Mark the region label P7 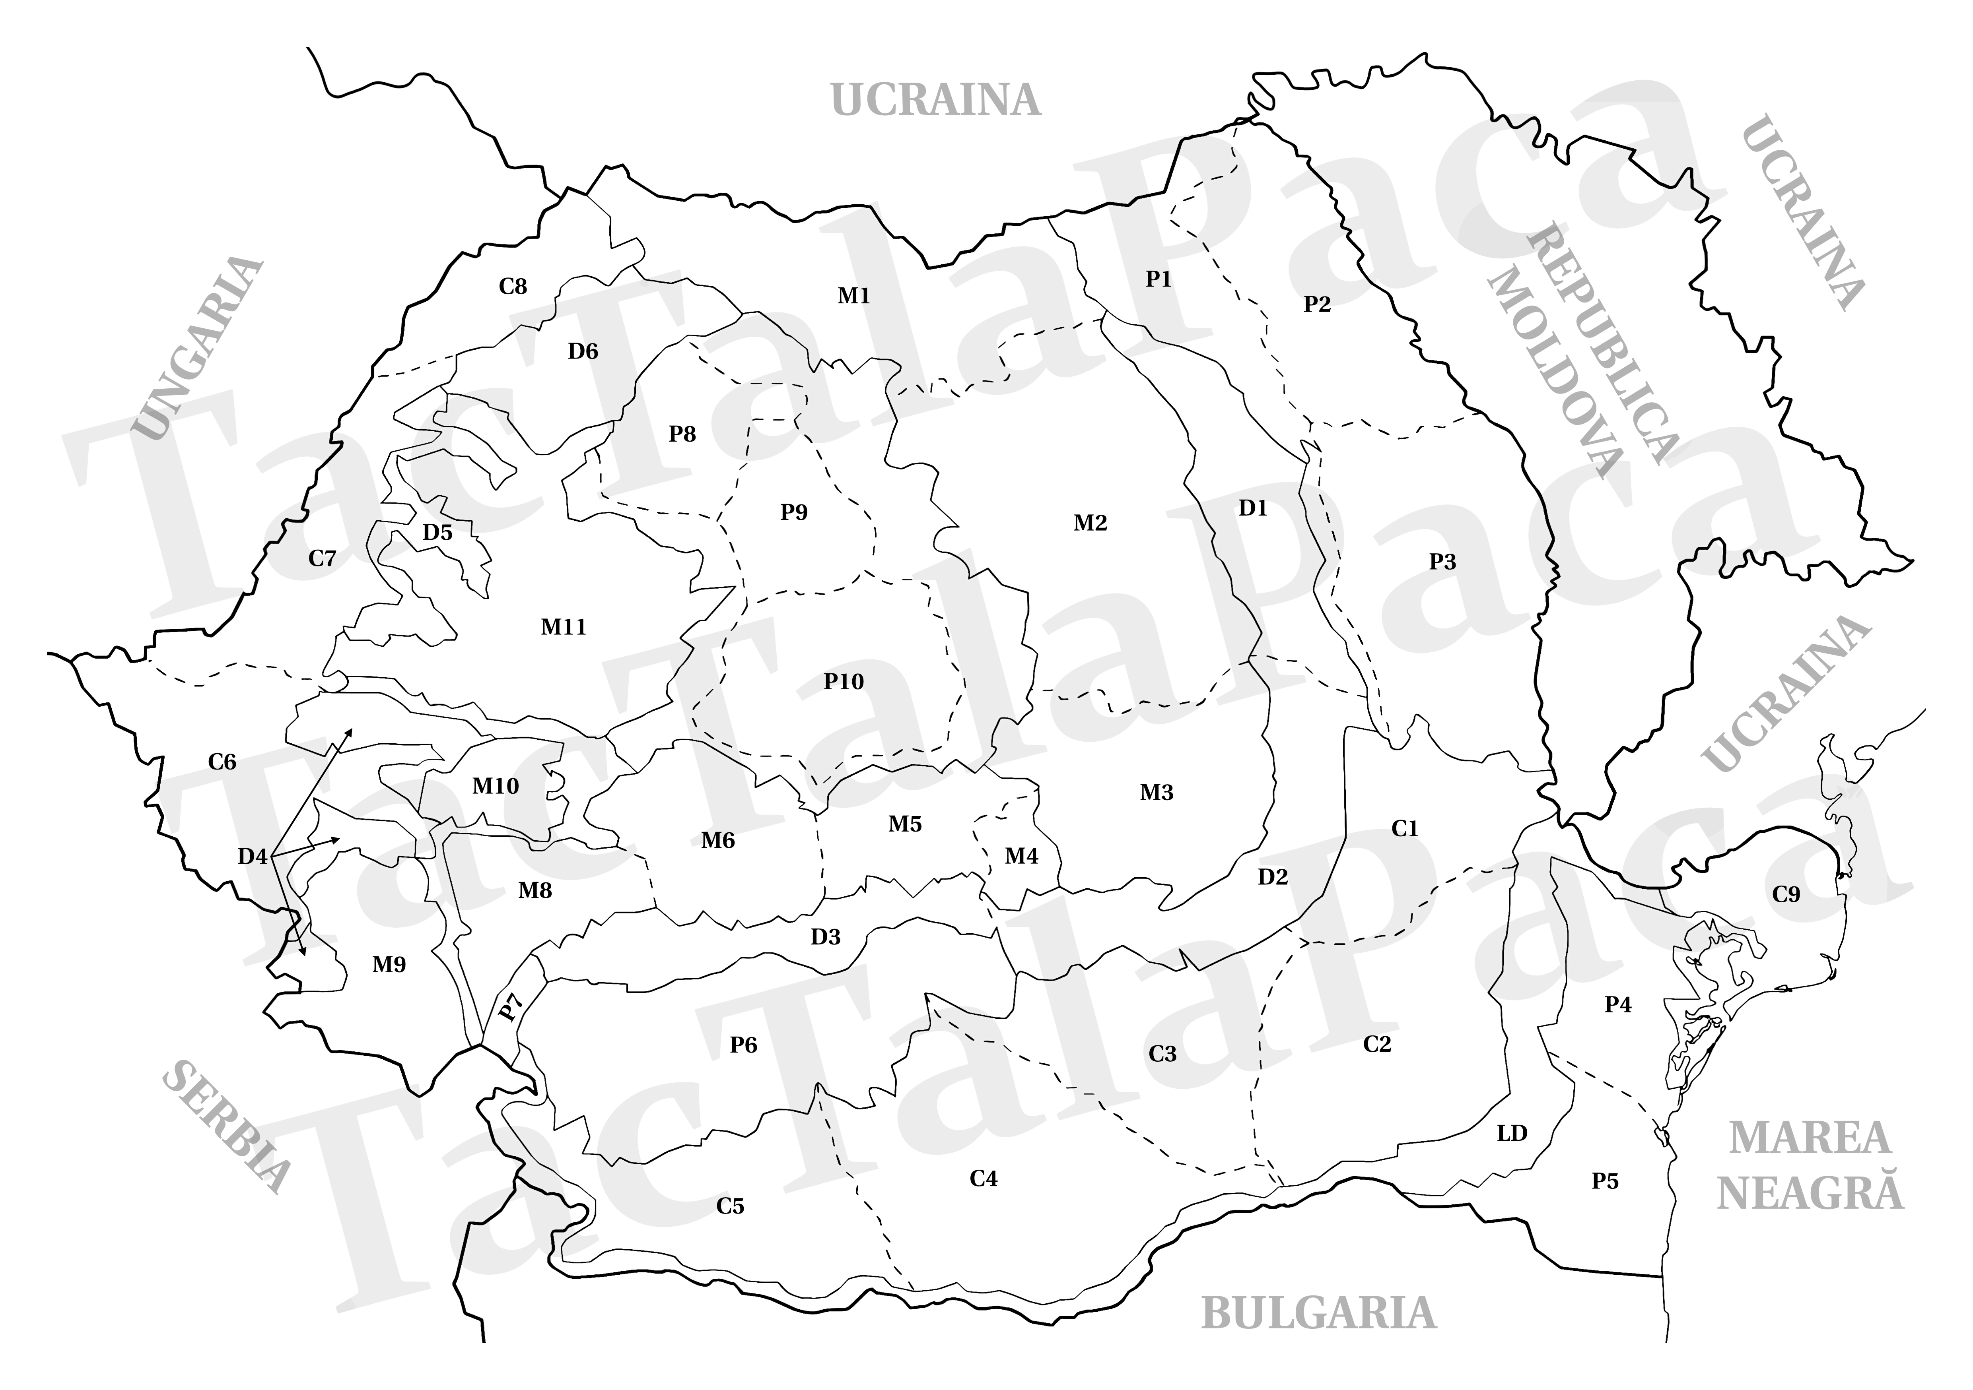point(511,1007)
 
